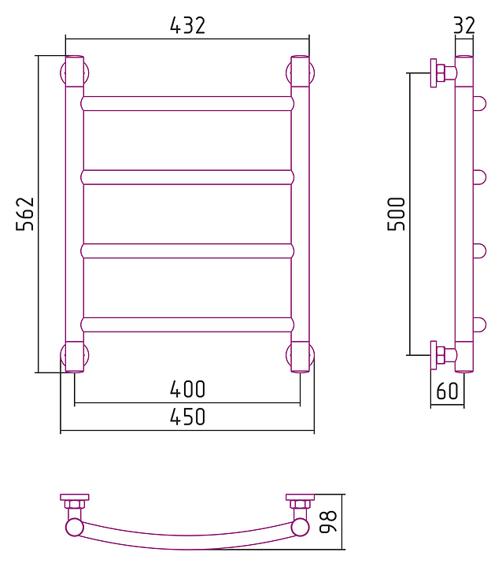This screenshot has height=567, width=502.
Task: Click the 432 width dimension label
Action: [187, 25]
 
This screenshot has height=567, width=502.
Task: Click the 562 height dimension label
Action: [26, 213]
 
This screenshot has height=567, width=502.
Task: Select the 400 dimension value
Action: [187, 389]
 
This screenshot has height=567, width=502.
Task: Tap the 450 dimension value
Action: [187, 417]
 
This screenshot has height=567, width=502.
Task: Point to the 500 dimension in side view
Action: [397, 213]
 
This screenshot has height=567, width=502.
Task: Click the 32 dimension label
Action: [464, 25]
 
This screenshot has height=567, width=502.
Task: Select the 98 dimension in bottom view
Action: [330, 521]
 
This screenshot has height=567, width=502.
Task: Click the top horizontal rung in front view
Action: [187, 103]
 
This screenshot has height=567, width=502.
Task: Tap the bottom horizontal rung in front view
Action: [187, 324]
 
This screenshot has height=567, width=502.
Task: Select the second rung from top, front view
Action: [187, 177]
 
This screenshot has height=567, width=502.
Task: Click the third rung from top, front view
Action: [187, 251]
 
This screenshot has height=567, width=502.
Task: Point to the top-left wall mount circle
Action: [74, 74]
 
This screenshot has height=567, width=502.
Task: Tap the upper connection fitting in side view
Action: [442, 72]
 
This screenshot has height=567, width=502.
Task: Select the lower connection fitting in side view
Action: [442, 355]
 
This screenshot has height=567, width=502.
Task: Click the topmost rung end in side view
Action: [479, 103]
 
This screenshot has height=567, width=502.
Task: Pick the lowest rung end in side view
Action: [479, 324]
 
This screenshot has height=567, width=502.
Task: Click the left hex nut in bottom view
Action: [75, 504]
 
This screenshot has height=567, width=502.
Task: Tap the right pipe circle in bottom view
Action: [300, 526]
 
